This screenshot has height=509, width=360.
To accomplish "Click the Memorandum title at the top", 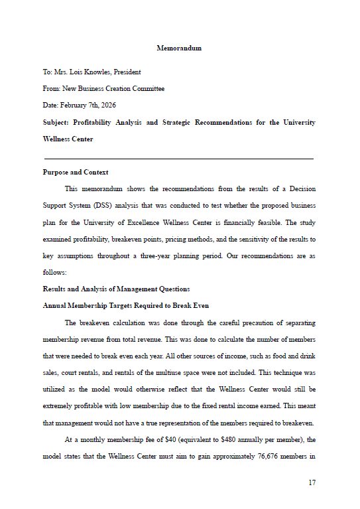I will [x=179, y=48].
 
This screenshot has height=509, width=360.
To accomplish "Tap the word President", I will [x=127, y=72].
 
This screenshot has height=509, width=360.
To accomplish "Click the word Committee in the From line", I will [x=149, y=88].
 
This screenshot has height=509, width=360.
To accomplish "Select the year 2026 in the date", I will [x=106, y=105].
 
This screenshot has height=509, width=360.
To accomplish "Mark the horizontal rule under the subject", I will [x=178, y=159].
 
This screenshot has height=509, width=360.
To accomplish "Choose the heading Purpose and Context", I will [x=76, y=173].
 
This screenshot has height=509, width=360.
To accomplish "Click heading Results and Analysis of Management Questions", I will [x=116, y=289].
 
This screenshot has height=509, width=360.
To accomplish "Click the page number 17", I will [x=312, y=482].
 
